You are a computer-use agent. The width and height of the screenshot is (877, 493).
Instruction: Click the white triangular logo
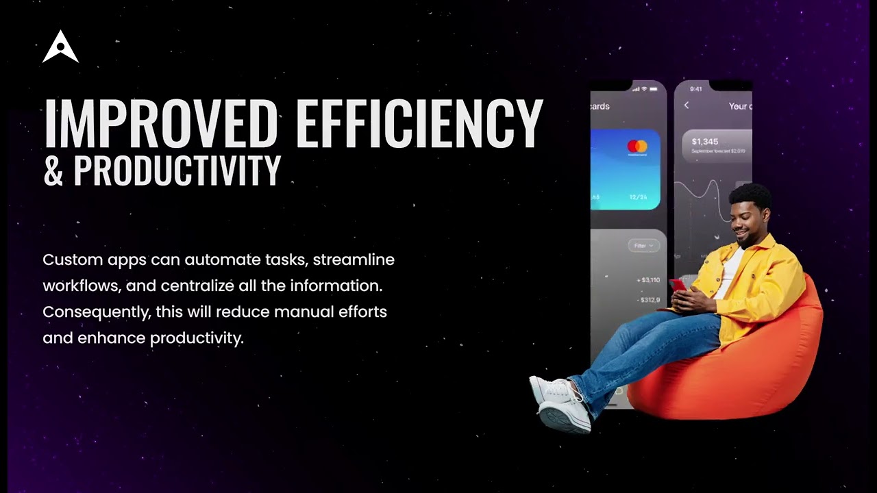point(60,48)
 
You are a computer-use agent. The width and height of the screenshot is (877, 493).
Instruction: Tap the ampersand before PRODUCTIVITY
point(53,170)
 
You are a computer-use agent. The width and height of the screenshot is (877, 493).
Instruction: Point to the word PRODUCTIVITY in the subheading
point(177,170)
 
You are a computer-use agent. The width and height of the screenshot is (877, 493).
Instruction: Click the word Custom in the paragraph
point(73,260)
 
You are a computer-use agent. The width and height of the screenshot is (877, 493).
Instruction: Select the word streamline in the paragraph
point(354,260)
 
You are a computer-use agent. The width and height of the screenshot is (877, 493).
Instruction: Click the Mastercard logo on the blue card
point(637,147)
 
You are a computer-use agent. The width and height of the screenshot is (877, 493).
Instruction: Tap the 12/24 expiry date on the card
point(638,197)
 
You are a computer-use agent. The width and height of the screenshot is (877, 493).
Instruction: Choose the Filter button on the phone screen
point(643,246)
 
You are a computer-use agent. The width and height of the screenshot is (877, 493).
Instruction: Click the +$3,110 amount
point(648,280)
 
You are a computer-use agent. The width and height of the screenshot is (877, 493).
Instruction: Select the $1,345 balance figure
point(704,142)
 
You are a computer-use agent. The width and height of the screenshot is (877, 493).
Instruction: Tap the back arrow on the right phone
point(687,105)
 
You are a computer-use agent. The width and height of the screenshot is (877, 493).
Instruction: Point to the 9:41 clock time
point(696,89)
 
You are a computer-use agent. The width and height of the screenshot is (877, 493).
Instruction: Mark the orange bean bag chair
point(740,370)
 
